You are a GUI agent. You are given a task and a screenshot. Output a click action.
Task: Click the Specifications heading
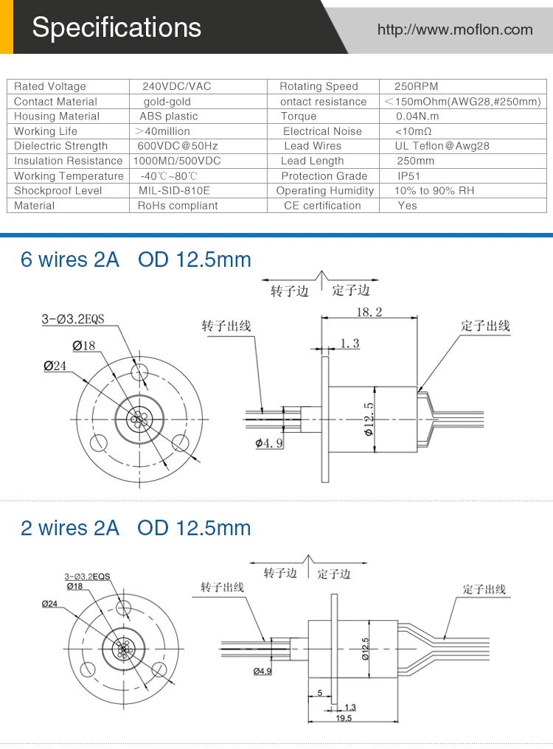pyautogui.click(x=116, y=27)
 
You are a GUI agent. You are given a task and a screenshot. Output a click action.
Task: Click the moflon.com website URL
pyautogui.click(x=454, y=29)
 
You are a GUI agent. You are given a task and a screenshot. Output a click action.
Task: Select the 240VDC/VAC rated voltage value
pyautogui.click(x=176, y=86)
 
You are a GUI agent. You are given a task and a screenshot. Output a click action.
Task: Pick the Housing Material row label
pyautogui.click(x=56, y=116)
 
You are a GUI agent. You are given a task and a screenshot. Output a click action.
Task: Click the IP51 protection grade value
pyautogui.click(x=409, y=175)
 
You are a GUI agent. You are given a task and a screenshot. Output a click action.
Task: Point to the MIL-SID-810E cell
pyautogui.click(x=174, y=190)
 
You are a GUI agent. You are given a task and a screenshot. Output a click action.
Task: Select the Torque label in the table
pyautogui.click(x=299, y=116)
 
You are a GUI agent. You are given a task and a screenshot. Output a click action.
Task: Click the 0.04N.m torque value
pyautogui.click(x=417, y=116)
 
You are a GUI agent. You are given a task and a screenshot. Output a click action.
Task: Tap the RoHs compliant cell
pyautogui.click(x=178, y=206)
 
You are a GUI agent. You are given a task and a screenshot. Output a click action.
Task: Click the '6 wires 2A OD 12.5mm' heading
pyautogui.click(x=136, y=259)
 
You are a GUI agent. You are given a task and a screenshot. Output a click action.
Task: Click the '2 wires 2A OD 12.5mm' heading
pyautogui.click(x=136, y=528)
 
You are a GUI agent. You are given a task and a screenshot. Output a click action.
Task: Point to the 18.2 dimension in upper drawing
pyautogui.click(x=369, y=312)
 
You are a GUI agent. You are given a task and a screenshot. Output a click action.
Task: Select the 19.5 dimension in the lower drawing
pyautogui.click(x=344, y=718)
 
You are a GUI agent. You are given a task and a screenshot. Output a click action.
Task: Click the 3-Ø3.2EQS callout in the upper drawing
pyautogui.click(x=73, y=319)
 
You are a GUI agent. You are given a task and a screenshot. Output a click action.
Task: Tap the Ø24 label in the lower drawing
pyautogui.click(x=49, y=604)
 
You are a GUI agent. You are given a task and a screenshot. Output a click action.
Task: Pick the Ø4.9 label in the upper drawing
pyautogui.click(x=269, y=443)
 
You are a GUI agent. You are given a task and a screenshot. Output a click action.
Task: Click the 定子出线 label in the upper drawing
pyautogui.click(x=485, y=326)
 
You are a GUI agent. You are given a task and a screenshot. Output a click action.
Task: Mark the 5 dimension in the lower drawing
pyautogui.click(x=320, y=693)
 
